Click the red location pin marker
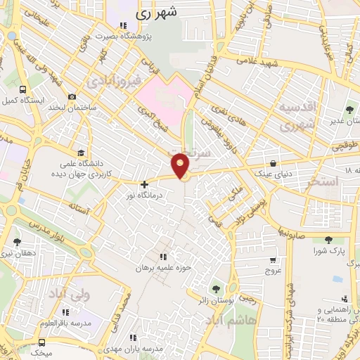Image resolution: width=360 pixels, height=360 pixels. pos(181,165)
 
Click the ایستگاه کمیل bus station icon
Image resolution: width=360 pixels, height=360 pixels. pos(24,90)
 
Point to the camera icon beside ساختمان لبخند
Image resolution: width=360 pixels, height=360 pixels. pos(72,97)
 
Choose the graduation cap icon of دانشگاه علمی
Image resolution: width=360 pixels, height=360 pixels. pos(81,153)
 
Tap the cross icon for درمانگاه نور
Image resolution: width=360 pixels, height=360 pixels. pos(144,184)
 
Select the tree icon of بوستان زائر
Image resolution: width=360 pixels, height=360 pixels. pos(215,289)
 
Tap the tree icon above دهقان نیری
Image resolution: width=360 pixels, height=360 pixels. pos(17,241)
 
